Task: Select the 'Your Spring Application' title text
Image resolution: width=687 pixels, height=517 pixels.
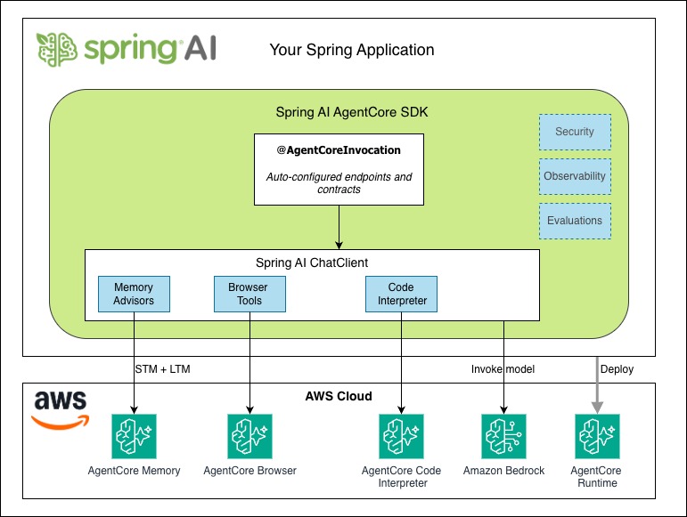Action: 352,50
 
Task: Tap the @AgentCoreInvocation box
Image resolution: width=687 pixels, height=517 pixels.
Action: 339,169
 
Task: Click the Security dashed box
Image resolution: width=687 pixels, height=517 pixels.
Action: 575,132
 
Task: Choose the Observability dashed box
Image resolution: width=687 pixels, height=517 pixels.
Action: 575,176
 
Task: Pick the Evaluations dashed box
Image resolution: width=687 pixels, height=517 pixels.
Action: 575,221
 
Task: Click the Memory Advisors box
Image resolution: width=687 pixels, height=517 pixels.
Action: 134,295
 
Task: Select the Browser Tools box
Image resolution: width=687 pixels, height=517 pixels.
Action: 249,295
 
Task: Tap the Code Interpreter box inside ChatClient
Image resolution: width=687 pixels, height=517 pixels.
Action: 402,295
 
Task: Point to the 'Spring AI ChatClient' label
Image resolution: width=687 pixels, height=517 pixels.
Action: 311,263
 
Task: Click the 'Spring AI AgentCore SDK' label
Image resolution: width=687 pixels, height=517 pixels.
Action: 339,113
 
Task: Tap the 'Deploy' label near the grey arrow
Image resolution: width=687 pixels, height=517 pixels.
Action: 617,368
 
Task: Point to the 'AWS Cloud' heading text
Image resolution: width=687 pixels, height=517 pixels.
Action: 339,396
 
